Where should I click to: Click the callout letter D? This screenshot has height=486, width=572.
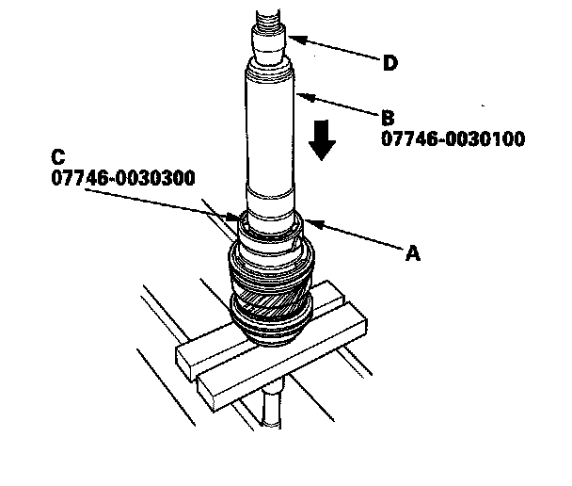(x=389, y=63)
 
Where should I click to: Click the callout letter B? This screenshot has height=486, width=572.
(x=387, y=119)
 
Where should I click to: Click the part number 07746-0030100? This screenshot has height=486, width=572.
(x=453, y=138)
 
